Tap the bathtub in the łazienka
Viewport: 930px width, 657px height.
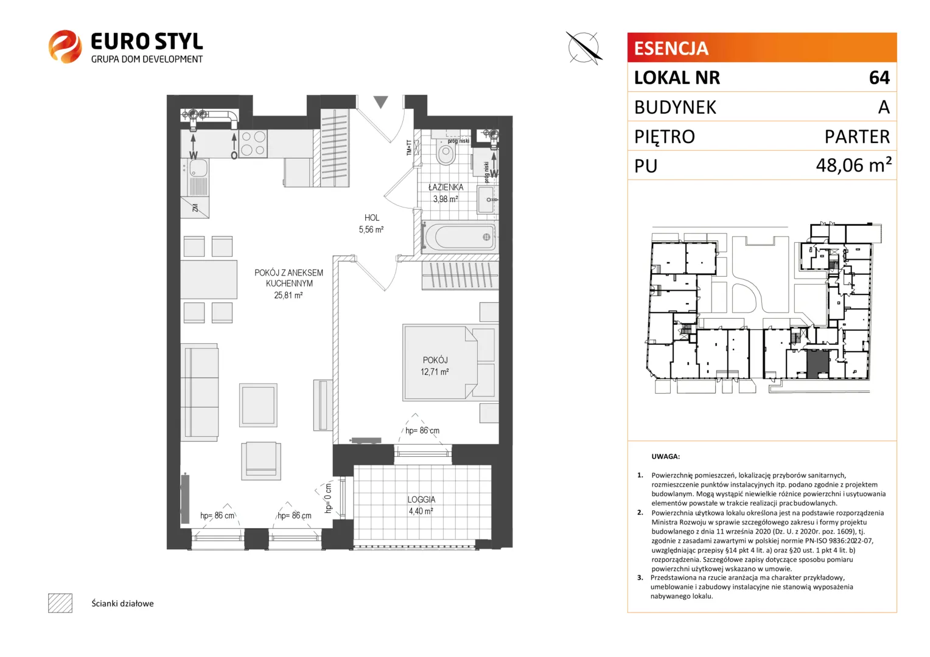459,237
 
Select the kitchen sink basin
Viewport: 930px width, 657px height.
198,168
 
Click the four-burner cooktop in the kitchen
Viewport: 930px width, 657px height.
253,143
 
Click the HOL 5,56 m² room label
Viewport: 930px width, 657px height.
372,223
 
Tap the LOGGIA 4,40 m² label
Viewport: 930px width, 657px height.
421,505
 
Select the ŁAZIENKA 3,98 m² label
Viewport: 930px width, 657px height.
446,193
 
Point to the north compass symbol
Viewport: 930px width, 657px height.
584,48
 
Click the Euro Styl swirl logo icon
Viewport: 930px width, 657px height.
65,46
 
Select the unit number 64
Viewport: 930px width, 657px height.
879,78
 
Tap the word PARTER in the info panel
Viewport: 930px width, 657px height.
857,136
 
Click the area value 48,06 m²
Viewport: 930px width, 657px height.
853,165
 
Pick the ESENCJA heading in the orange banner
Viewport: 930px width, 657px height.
671,48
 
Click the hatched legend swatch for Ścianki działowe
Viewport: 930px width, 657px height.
60,603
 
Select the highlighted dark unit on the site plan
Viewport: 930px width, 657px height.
817,364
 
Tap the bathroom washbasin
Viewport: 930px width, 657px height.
486,200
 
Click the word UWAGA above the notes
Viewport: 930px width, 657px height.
665,456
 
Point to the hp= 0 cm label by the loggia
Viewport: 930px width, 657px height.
328,498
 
